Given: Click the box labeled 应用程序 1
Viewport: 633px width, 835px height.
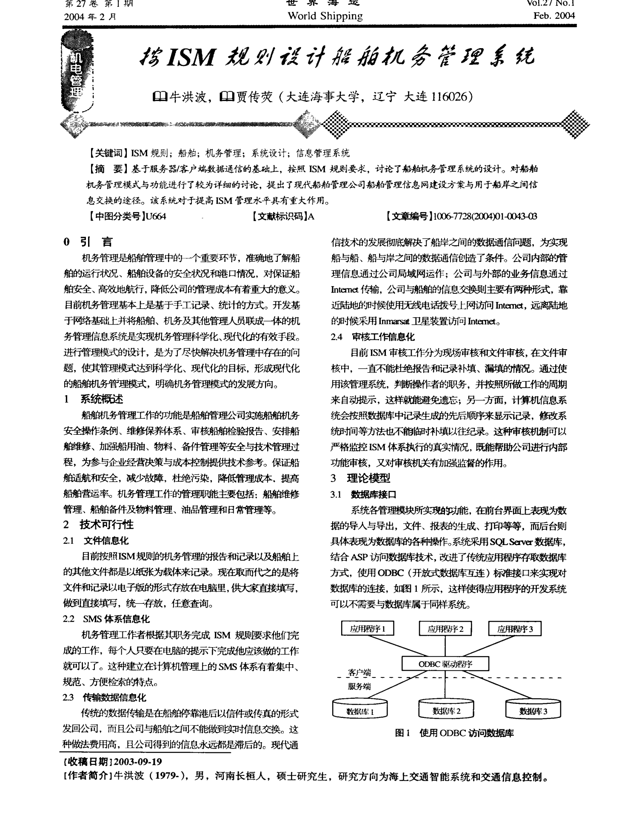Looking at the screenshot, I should point(368,628).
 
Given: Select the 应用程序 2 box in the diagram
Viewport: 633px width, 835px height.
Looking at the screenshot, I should point(445,628).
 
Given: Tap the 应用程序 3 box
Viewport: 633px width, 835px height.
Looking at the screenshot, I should point(515,628).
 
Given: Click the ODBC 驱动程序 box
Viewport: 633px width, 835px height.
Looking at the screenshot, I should point(445,663).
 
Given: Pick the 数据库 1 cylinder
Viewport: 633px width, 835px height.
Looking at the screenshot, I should point(360,710).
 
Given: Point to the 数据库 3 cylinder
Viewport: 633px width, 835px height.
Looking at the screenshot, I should point(533,710).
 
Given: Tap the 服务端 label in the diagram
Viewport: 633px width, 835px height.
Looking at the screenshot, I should point(359,686).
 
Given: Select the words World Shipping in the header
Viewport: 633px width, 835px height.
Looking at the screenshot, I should point(325,16).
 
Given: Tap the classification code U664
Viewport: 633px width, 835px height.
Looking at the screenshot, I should point(155,216).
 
